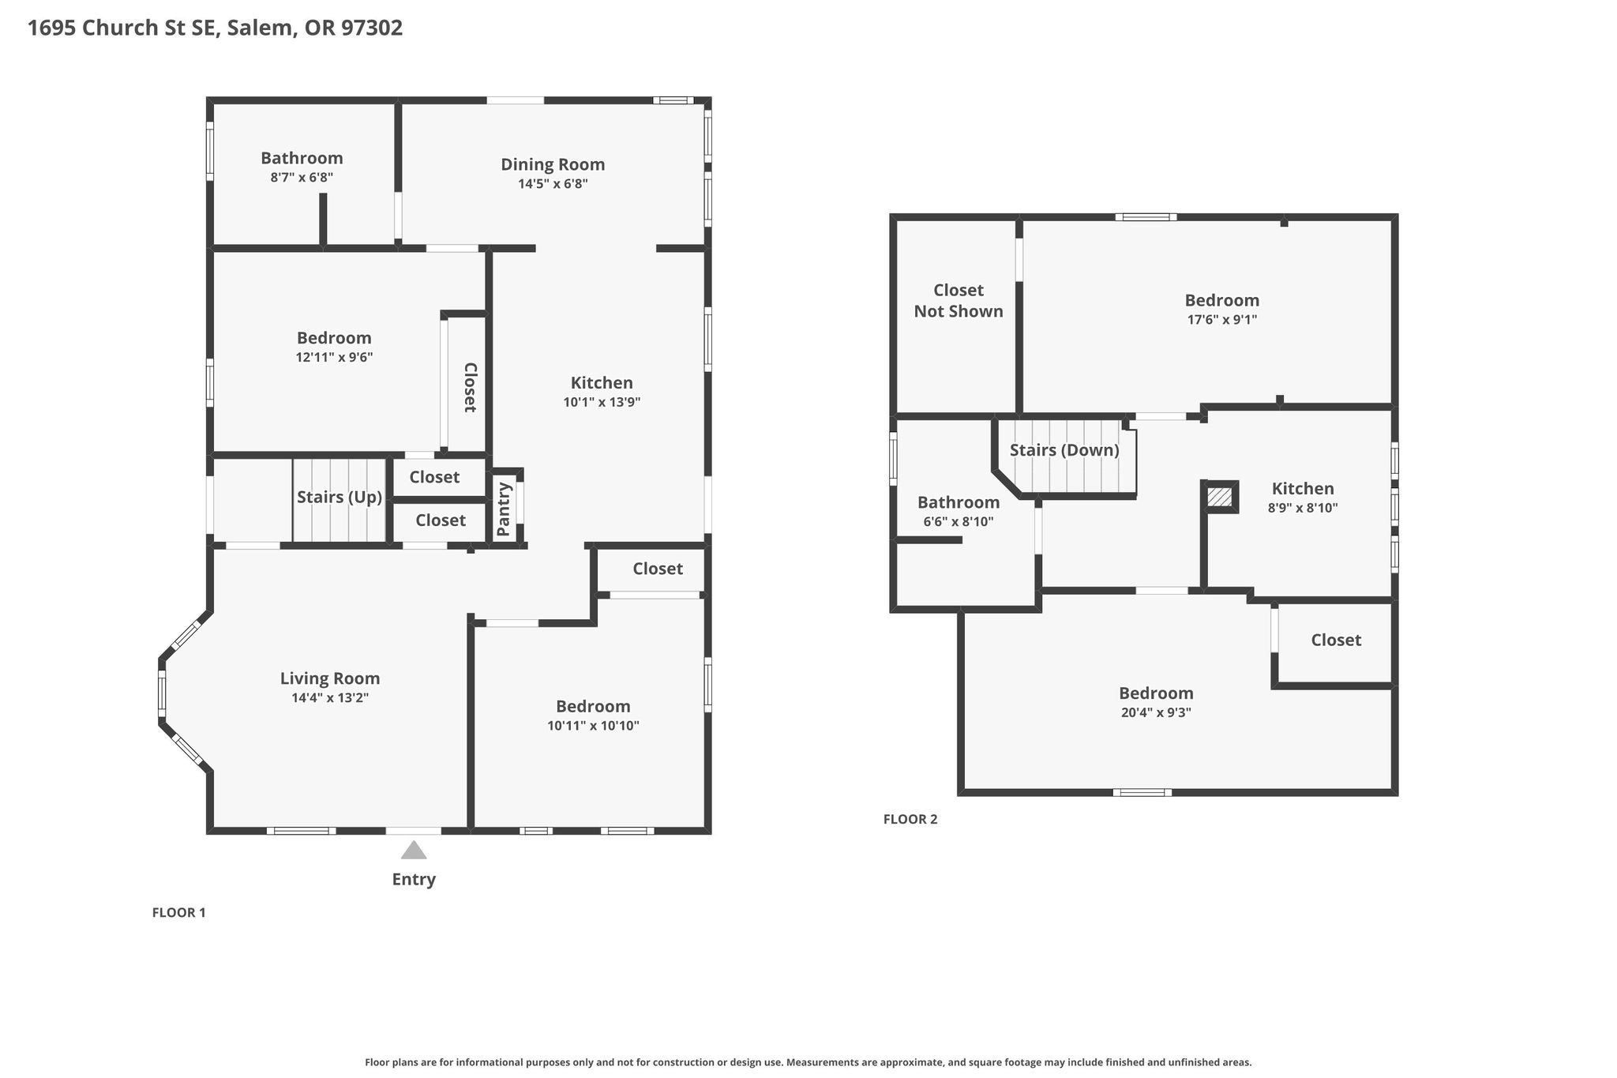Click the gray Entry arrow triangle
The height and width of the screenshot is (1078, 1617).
click(x=414, y=851)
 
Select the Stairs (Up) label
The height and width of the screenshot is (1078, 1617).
click(x=340, y=498)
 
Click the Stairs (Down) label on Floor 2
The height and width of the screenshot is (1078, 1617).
click(x=1064, y=450)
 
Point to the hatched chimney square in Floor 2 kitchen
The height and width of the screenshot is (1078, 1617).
click(x=1220, y=497)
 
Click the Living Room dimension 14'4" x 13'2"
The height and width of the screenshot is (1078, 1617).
click(x=330, y=698)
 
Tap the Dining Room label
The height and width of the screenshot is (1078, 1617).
click(x=553, y=164)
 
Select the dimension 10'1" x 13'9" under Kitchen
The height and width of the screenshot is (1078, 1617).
click(x=602, y=402)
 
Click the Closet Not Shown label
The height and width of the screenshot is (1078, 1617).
click(x=959, y=301)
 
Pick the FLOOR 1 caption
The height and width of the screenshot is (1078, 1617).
click(x=178, y=913)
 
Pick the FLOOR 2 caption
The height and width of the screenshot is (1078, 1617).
click(x=910, y=820)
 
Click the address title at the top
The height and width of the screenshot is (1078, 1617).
click(x=215, y=28)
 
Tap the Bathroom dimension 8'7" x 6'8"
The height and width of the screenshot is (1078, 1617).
click(x=302, y=178)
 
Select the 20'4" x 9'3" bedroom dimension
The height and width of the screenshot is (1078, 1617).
click(x=1156, y=712)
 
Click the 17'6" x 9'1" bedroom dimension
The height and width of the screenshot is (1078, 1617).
click(x=1222, y=320)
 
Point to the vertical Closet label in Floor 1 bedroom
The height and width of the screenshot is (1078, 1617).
click(x=470, y=388)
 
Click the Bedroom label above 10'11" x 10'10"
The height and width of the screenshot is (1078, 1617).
click(x=593, y=707)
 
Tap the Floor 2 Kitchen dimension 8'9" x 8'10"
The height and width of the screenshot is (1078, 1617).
click(x=1303, y=509)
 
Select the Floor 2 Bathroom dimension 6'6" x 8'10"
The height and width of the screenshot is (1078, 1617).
click(x=959, y=522)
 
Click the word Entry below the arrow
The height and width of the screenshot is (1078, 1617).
click(x=414, y=880)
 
